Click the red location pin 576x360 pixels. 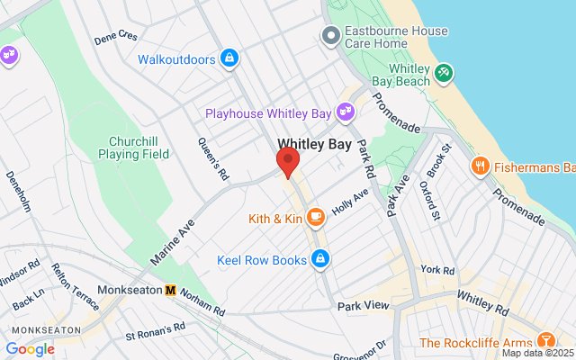287,163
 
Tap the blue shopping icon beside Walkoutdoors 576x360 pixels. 229,59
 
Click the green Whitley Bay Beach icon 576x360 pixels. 443,73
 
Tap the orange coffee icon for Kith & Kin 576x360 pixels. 315,218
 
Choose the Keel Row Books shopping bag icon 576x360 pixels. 319,260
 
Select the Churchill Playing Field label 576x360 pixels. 139,148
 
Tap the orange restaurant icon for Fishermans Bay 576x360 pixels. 480,166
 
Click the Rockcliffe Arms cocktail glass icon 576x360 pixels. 544,341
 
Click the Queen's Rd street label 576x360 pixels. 211,158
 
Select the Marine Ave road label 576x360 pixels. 173,240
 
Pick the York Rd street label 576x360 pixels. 437,270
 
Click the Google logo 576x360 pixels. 30,349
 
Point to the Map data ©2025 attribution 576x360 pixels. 536,353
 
